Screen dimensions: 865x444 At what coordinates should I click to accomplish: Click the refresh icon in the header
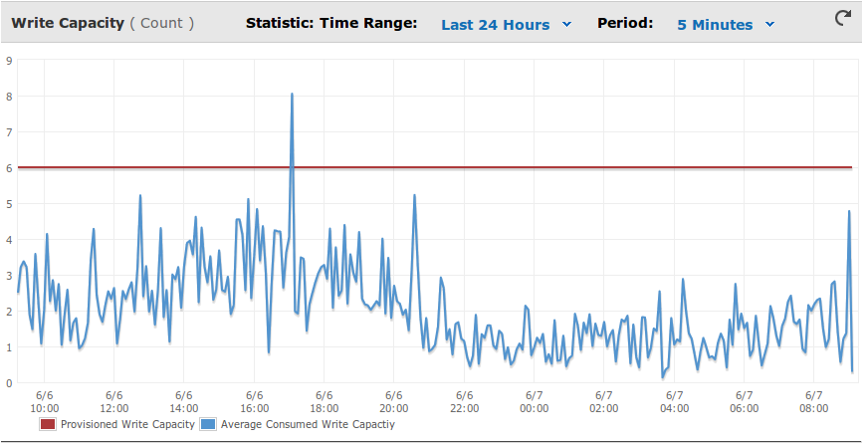(843, 18)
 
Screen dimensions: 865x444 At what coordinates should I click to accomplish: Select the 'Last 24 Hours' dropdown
(506, 25)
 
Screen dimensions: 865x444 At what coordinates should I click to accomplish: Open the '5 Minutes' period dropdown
(726, 25)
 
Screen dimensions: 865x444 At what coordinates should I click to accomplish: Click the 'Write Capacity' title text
(68, 23)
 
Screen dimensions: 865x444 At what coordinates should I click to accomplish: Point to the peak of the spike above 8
(292, 94)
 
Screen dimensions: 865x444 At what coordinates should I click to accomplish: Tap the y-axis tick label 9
(8, 60)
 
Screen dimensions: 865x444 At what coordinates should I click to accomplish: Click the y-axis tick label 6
(8, 167)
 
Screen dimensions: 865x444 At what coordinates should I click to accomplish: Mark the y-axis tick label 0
(8, 383)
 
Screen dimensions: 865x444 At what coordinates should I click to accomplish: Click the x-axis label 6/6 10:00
(44, 401)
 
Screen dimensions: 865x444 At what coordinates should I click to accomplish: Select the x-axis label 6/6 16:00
(254, 401)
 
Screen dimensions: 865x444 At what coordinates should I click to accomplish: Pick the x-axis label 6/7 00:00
(534, 401)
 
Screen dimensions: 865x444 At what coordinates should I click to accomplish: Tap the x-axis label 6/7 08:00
(813, 401)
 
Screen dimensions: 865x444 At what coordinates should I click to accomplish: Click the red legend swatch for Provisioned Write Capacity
(48, 424)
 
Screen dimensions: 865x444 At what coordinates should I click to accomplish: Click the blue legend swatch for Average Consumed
(208, 424)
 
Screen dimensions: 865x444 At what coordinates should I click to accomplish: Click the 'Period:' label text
(625, 23)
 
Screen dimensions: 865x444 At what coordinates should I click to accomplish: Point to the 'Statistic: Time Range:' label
(331, 23)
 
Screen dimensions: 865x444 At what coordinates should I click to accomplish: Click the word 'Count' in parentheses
(161, 23)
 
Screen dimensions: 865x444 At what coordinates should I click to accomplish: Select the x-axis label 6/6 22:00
(465, 401)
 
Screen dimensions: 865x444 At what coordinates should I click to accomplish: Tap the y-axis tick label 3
(8, 275)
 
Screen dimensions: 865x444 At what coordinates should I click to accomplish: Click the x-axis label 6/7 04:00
(674, 401)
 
